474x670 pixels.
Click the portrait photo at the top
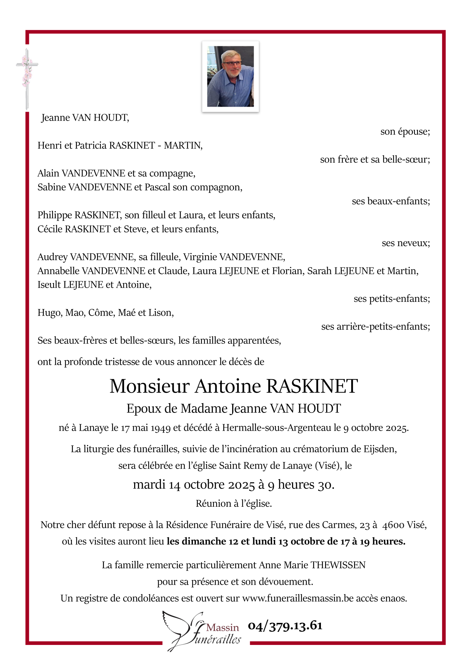coord(230,76)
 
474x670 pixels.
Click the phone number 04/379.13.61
coord(285,626)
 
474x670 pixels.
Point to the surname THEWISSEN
coord(338,565)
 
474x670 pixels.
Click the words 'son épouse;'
coord(405,132)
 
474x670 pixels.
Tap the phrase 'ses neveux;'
coord(406,243)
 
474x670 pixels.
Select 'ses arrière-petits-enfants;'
coord(375,327)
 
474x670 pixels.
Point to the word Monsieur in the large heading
coord(150,386)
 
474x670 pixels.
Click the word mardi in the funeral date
coord(149,485)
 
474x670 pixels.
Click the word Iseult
coord(49,285)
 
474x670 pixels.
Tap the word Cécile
coord(50,229)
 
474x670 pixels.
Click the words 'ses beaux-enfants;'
coord(391,201)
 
